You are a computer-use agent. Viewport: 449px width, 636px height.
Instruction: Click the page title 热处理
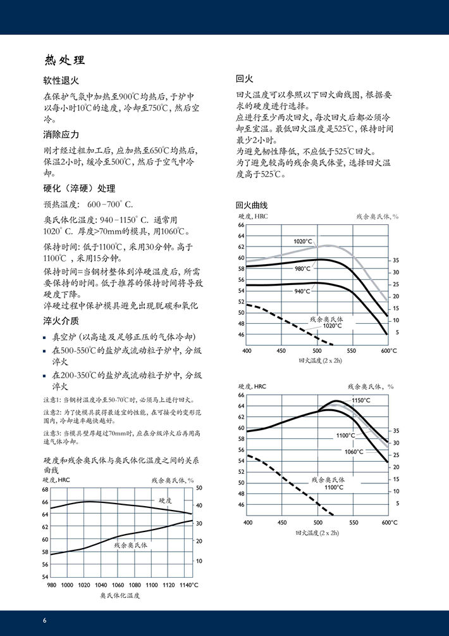tap(64, 61)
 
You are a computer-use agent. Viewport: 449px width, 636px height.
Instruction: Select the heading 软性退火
tap(61, 81)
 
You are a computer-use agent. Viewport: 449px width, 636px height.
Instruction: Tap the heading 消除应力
tap(61, 134)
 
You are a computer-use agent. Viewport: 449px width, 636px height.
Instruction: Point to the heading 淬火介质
tap(61, 320)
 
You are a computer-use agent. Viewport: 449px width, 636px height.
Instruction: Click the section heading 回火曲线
tap(252, 205)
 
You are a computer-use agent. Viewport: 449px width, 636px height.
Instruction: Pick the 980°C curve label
tap(303, 269)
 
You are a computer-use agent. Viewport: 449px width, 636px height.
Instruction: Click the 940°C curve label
tap(303, 291)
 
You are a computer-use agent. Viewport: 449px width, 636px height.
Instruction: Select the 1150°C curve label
tap(361, 400)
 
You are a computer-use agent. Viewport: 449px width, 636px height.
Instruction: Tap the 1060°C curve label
tap(354, 452)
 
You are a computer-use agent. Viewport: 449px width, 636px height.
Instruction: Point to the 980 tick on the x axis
tap(52, 585)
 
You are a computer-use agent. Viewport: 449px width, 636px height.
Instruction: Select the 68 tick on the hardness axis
tap(45, 490)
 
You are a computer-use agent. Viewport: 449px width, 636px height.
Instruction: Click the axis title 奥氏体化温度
tap(120, 596)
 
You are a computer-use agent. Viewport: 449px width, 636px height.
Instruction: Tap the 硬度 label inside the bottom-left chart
tap(165, 500)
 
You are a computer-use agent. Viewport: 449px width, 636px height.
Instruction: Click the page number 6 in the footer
tap(45, 620)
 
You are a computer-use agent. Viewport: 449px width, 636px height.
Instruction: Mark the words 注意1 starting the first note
tap(52, 400)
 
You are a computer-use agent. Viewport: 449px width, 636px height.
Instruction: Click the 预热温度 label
tap(61, 204)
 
